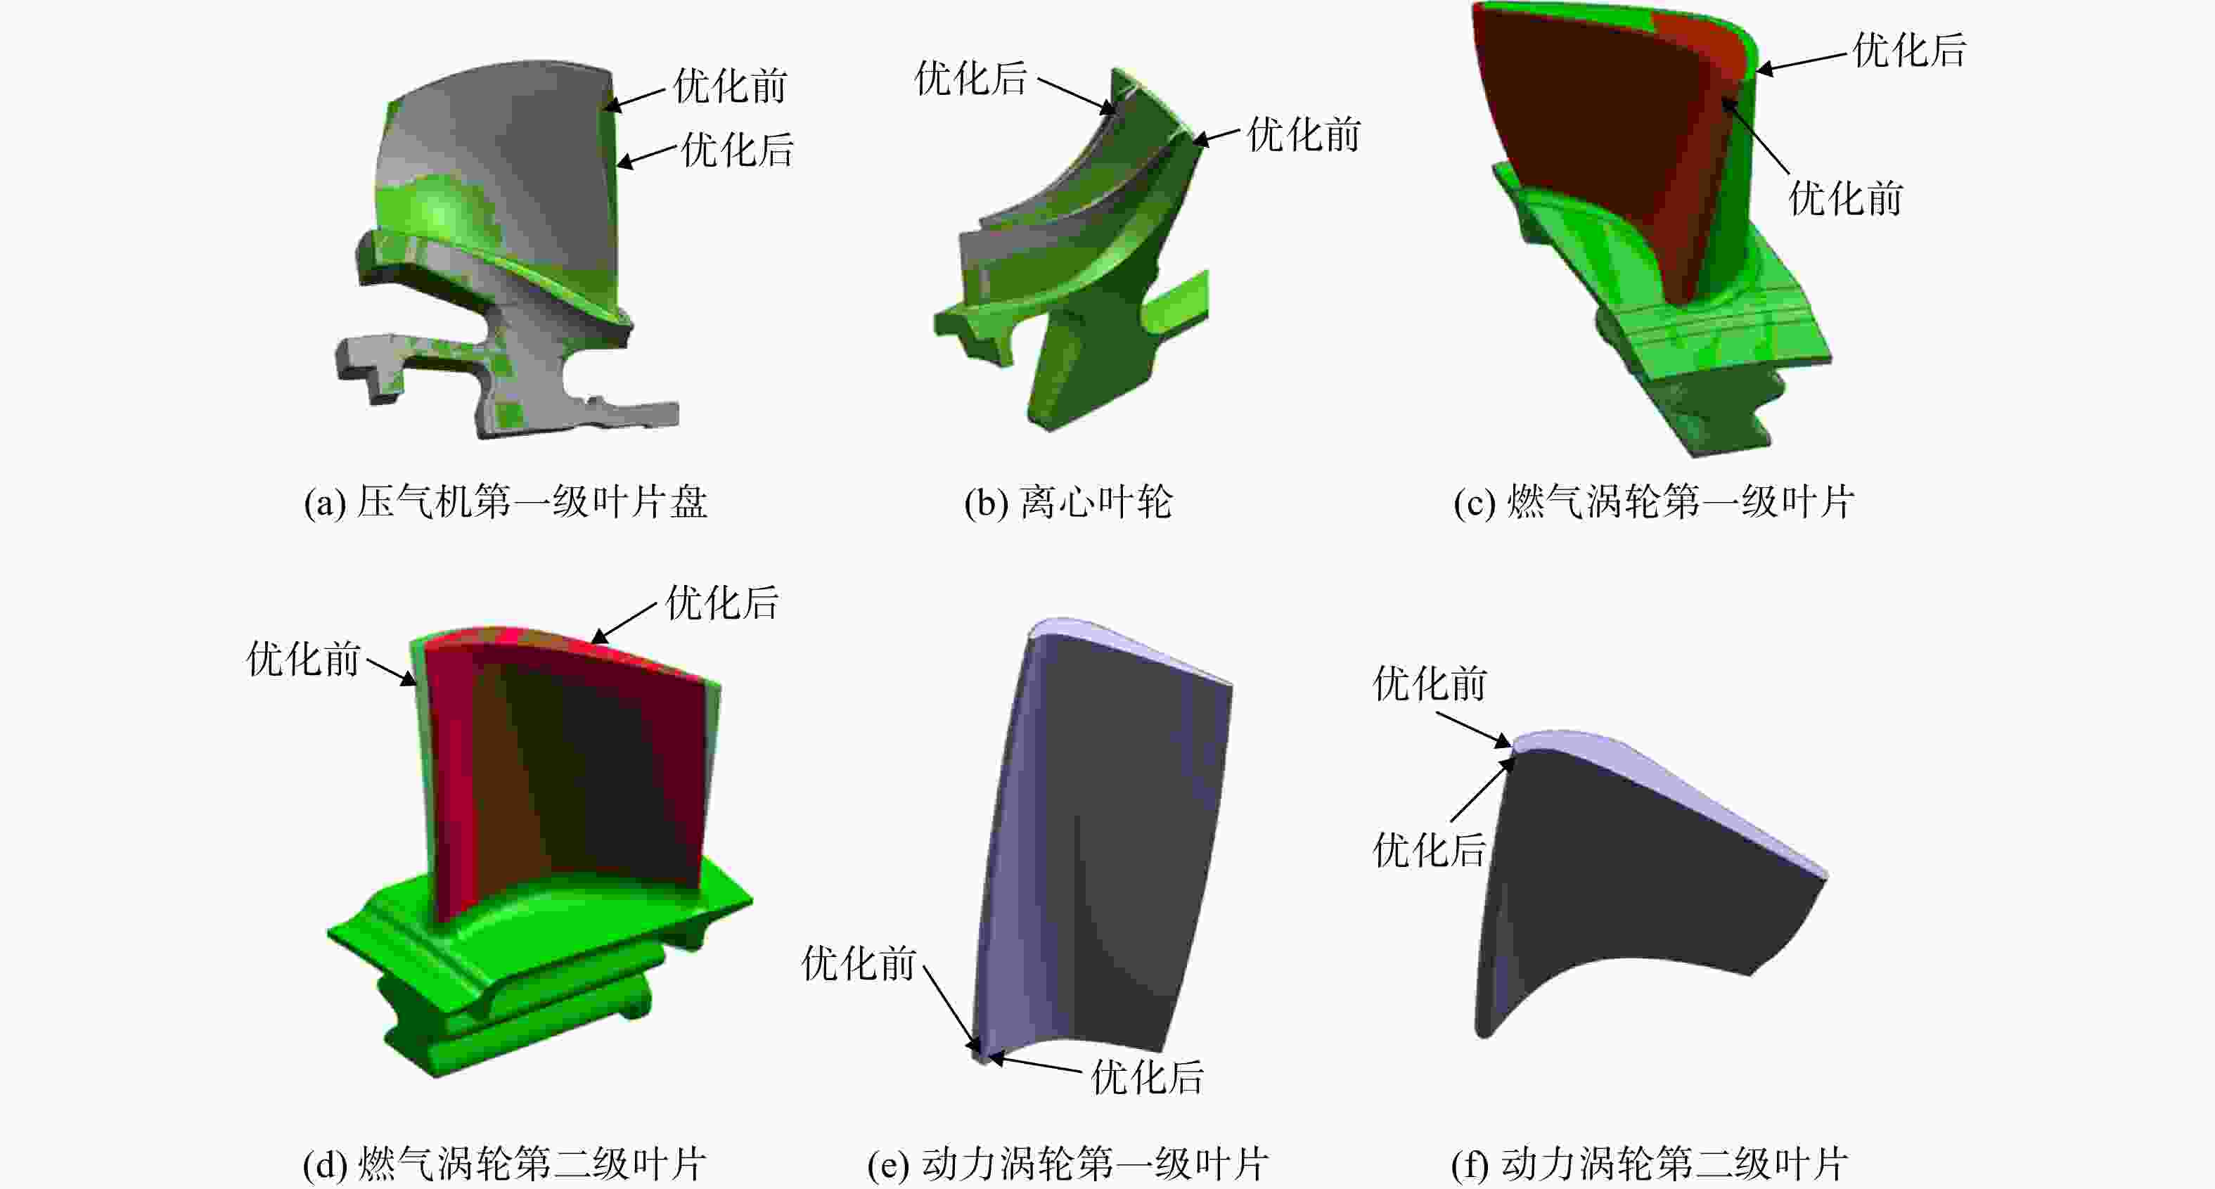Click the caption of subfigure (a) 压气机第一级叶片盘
point(506,502)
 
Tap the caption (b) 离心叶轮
point(1068,502)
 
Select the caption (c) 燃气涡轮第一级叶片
point(1653,502)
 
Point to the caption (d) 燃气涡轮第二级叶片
point(505,1165)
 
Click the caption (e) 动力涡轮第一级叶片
point(1068,1165)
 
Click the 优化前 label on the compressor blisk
point(730,86)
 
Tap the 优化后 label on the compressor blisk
point(737,150)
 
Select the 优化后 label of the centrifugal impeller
point(971,78)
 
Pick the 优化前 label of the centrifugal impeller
point(1304,135)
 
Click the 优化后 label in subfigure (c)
point(1909,50)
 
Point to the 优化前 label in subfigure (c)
point(1845,198)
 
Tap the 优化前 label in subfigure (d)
point(304,659)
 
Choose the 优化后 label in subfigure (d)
point(722,603)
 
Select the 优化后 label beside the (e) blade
point(1147,1077)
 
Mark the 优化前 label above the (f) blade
point(1429,684)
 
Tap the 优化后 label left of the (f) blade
point(1429,850)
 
